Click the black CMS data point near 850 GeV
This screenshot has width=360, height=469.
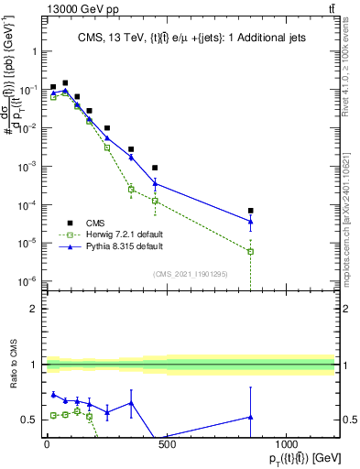pyautogui.click(x=250, y=211)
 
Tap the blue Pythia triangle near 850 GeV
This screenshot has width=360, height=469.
pyautogui.click(x=250, y=222)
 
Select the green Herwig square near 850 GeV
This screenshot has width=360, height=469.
pyautogui.click(x=250, y=251)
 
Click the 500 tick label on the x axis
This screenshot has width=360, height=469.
pyautogui.click(x=166, y=444)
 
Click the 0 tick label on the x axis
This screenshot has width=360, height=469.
pyautogui.click(x=47, y=444)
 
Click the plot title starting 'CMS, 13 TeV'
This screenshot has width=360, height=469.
pyautogui.click(x=190, y=38)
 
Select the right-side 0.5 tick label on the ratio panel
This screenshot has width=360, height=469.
pyautogui.click(x=348, y=420)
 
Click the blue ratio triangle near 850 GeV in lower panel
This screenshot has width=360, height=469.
pyautogui.click(x=250, y=417)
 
